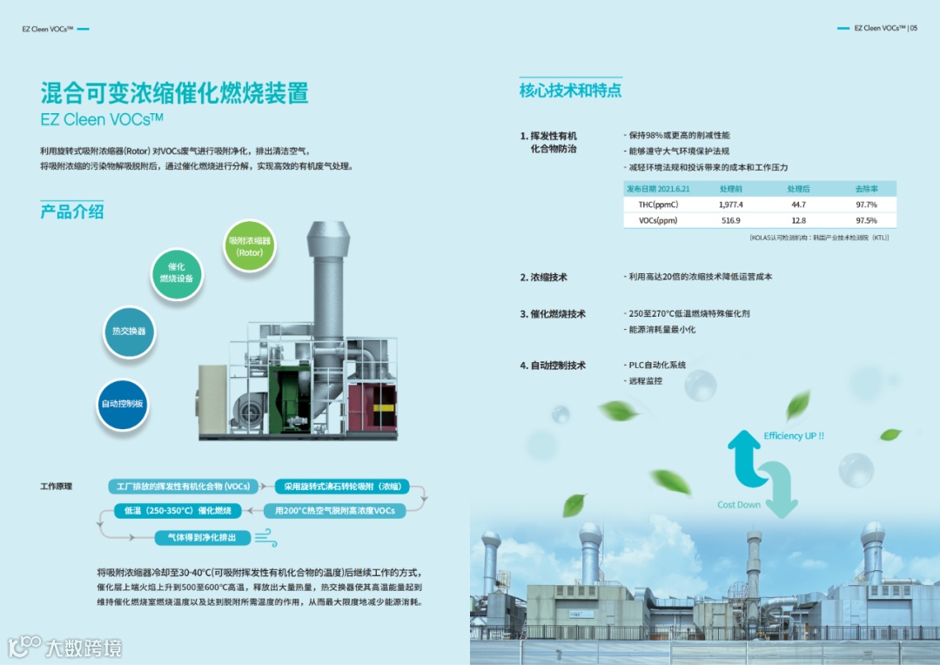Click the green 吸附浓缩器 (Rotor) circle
250,245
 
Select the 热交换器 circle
129,332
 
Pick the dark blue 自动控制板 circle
122,404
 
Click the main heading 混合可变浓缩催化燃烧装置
174,93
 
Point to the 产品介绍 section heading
72,212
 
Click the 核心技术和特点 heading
570,91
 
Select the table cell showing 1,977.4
730,205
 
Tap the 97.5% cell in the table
865,221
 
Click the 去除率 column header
865,188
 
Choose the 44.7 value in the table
798,205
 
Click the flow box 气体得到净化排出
195,538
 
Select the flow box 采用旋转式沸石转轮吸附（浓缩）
341,487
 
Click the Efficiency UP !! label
793,436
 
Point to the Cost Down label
738,505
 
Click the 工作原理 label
57,487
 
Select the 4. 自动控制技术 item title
553,366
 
